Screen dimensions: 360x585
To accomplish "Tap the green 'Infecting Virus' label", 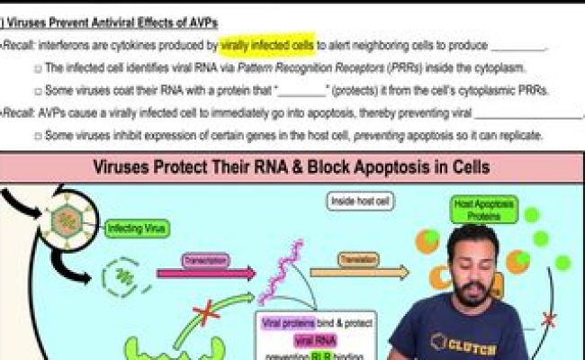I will point(137,229).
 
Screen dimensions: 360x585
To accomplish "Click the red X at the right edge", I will point(548,319).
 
